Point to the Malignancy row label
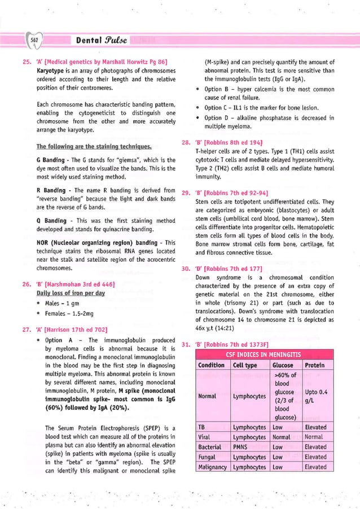[x=212, y=467]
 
